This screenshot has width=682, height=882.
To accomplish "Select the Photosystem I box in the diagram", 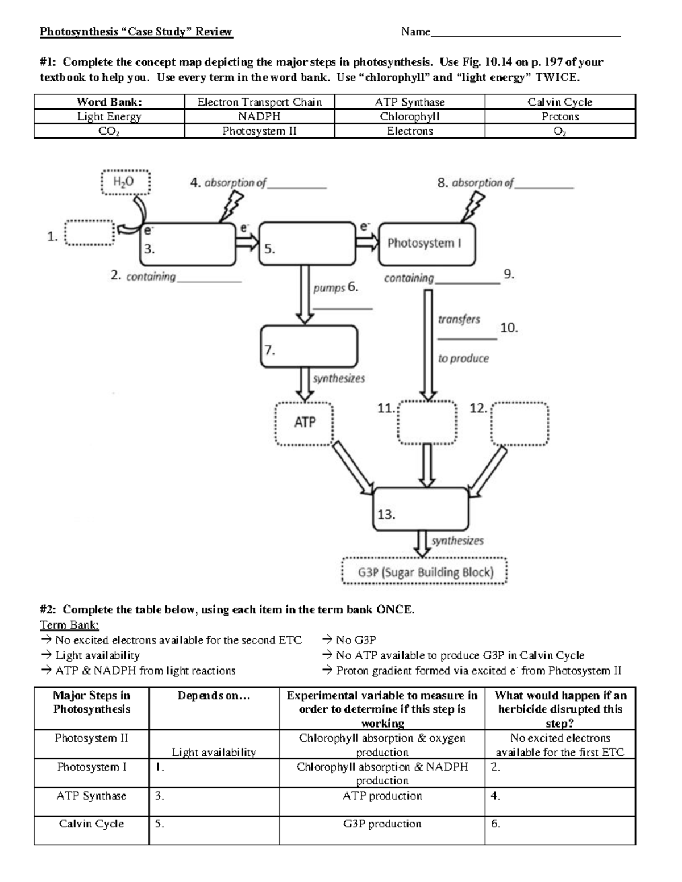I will [426, 244].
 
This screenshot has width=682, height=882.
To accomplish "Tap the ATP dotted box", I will [305, 423].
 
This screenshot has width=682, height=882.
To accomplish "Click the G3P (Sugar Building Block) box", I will [425, 572].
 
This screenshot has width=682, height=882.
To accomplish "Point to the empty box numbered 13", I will [421, 509].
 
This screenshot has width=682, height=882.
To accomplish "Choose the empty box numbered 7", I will [309, 346].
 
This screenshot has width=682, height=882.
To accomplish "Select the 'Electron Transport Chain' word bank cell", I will [259, 102].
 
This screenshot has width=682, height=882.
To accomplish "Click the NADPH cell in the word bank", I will [259, 116].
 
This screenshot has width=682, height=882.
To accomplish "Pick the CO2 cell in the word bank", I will [109, 131].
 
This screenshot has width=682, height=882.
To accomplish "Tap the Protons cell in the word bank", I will [560, 116].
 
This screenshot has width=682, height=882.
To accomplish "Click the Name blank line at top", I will [525, 33].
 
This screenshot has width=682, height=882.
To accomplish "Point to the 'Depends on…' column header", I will [214, 696].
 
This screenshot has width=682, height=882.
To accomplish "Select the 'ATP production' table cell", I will [382, 796].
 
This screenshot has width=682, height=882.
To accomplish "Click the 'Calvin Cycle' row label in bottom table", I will [92, 824].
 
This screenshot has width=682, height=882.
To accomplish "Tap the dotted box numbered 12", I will [519, 424].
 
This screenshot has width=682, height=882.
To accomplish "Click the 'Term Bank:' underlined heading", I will [69, 625].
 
